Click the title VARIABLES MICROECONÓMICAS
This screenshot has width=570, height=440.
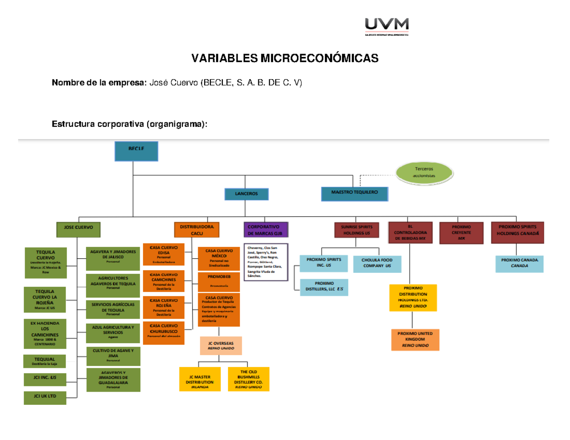tap(285, 58)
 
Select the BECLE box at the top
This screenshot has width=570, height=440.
tap(136, 151)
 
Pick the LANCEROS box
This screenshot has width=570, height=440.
tap(247, 194)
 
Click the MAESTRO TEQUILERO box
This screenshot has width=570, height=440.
tap(354, 194)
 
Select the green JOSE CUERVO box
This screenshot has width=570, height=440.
tap(78, 227)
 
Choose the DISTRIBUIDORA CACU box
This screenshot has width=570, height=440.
tap(197, 230)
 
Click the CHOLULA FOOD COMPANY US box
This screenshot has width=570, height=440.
tap(377, 263)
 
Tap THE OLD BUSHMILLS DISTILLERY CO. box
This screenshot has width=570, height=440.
tap(248, 379)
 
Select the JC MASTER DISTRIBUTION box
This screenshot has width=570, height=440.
tap(199, 379)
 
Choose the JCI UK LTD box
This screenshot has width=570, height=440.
tap(45, 398)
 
